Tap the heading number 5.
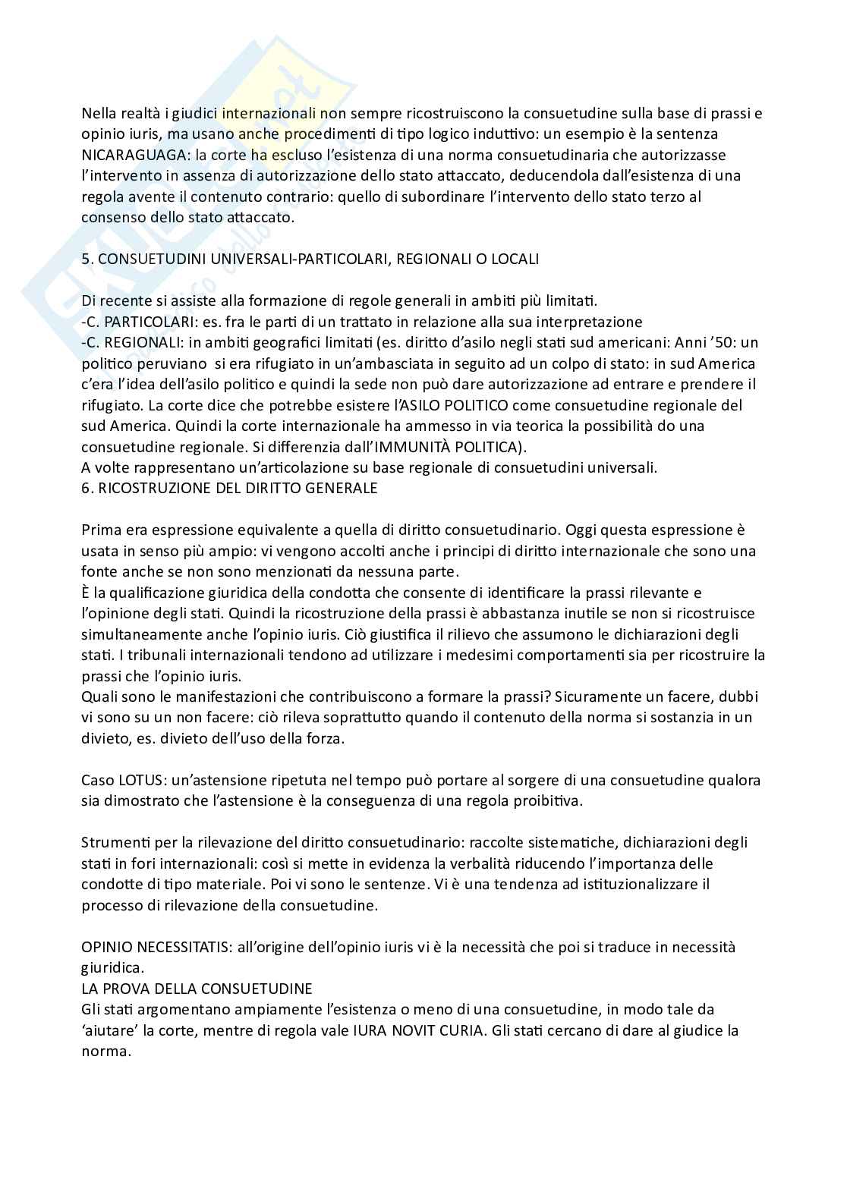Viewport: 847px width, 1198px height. (87, 259)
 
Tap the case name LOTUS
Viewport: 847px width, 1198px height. (134, 780)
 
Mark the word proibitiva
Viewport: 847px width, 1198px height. (547, 801)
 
